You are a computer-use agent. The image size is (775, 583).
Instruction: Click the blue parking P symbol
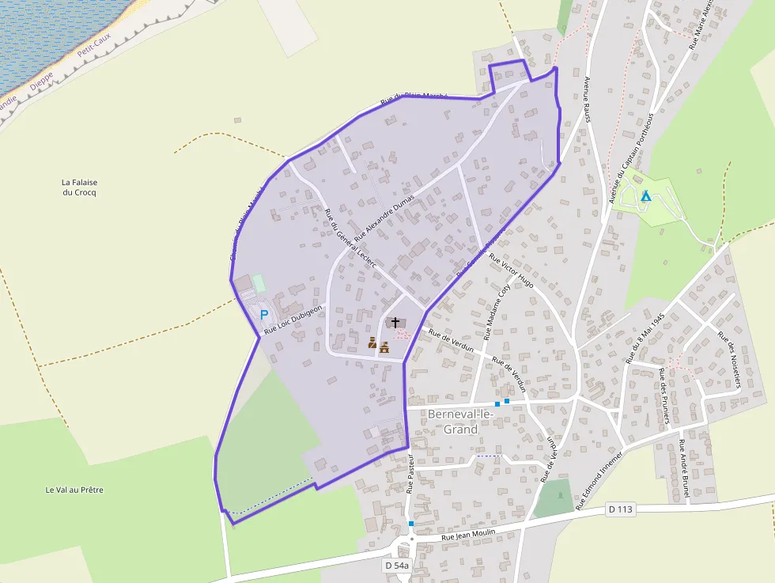[x=264, y=314]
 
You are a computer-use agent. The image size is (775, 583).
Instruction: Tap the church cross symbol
[x=395, y=323]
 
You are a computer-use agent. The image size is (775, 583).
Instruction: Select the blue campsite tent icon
[x=646, y=195]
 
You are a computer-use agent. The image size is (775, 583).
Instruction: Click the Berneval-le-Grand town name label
[x=460, y=422]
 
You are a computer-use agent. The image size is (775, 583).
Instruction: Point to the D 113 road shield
[x=621, y=509]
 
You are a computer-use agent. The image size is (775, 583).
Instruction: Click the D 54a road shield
[x=397, y=566]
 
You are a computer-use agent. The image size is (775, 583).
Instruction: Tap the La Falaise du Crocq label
[x=79, y=187]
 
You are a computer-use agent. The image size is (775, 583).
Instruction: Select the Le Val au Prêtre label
[x=74, y=490]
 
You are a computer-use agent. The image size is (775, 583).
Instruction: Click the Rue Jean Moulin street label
[x=468, y=535]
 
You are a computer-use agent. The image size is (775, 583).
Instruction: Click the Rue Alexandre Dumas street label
[x=384, y=218]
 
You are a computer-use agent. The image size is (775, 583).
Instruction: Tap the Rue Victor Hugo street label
[x=511, y=271]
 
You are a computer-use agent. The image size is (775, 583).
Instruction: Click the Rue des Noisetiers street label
[x=729, y=358]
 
